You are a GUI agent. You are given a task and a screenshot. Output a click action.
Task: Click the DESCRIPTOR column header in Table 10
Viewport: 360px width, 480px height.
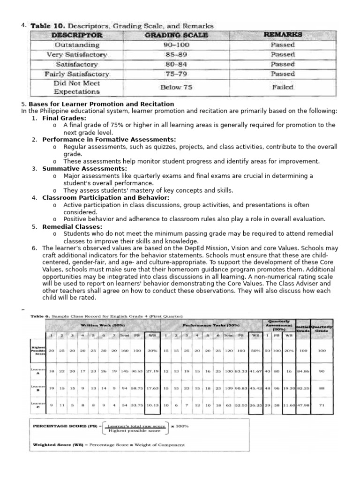(77, 35)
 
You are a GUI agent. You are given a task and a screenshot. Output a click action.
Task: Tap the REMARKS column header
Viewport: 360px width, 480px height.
(283, 35)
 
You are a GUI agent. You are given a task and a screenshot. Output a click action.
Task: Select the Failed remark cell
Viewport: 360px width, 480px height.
(283, 87)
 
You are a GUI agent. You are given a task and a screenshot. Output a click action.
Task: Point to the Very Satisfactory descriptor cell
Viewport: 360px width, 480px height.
(77, 54)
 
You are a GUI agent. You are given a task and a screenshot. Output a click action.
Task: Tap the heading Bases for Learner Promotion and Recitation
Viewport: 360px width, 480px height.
(101, 104)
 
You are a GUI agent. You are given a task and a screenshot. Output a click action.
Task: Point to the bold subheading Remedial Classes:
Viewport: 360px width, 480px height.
(72, 227)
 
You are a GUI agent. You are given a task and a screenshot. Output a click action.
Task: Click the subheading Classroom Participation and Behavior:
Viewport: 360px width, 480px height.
(106, 198)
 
